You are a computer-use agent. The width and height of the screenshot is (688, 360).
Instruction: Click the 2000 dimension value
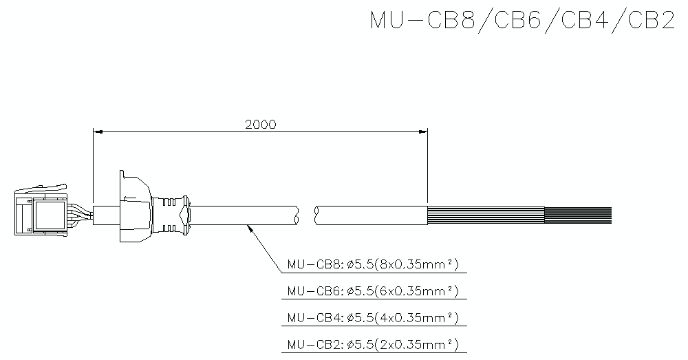[x=260, y=125]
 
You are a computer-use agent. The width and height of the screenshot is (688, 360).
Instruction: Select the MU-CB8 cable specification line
[x=372, y=264]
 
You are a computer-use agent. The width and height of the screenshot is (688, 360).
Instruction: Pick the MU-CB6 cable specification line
[x=372, y=291]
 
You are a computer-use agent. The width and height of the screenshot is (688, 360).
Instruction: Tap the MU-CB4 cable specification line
[x=372, y=317]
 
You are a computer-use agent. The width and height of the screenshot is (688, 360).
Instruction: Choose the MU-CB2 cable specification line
[x=372, y=343]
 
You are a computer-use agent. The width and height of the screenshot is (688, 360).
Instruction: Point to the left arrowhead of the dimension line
[x=97, y=131]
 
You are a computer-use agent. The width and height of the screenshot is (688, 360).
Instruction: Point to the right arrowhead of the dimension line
[x=423, y=131]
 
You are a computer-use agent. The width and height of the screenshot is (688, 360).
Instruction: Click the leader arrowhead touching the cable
[x=249, y=228]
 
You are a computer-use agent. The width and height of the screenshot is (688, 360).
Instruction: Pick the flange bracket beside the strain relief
[x=132, y=207]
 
